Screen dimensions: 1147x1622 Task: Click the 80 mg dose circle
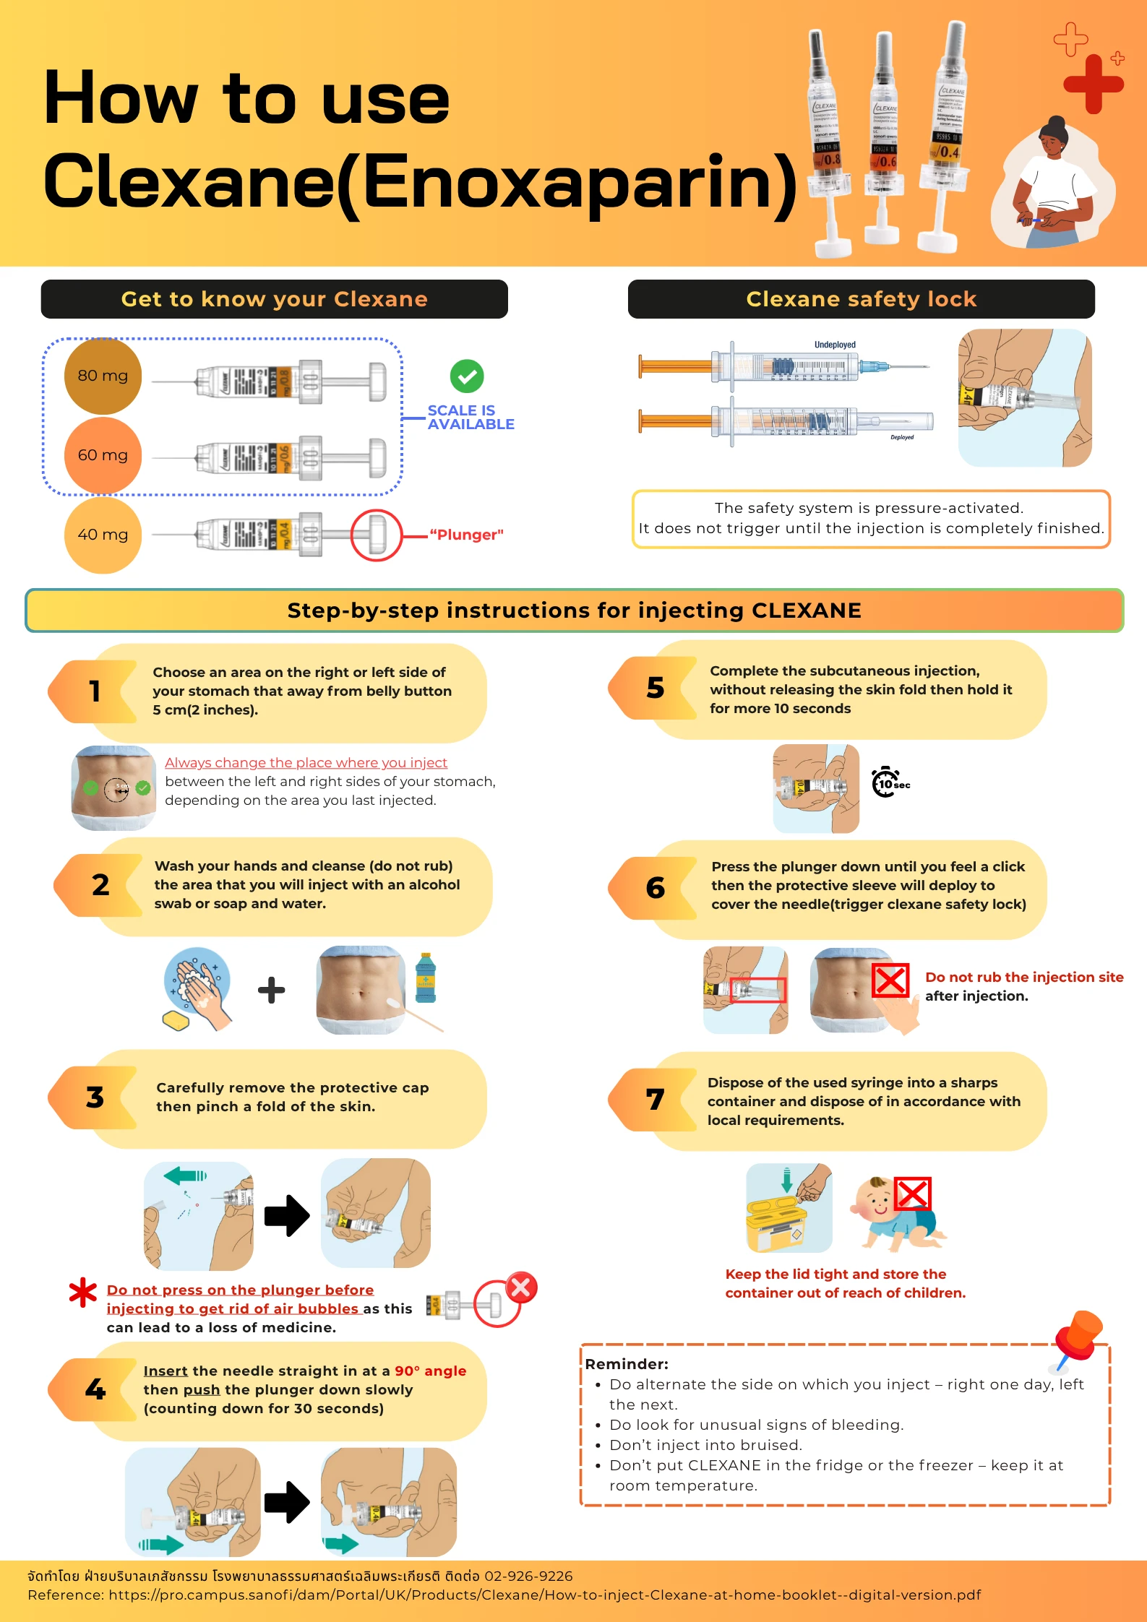tap(103, 376)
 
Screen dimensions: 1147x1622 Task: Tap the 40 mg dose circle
tap(103, 535)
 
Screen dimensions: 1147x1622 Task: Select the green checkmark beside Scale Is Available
tap(467, 376)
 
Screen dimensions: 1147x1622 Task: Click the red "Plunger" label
tap(466, 535)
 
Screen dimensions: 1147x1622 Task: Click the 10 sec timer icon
tap(890, 782)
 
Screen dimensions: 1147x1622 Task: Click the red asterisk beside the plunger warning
tap(82, 1293)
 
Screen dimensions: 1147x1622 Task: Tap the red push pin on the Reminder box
tap(1077, 1338)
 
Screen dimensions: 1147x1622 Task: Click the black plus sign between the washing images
tap(272, 990)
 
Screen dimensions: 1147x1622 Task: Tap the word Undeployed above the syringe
tap(835, 345)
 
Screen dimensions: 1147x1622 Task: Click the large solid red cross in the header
tap(1094, 85)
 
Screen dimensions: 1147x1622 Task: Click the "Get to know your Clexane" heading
tap(275, 299)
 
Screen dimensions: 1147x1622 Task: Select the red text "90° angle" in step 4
tap(430, 1371)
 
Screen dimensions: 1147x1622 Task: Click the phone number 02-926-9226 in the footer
tap(528, 1576)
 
